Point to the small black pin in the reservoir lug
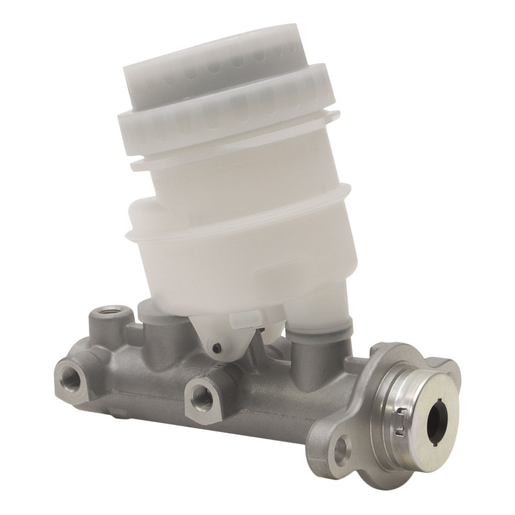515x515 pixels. click(216, 349)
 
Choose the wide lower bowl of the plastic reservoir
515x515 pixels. click(245, 264)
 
